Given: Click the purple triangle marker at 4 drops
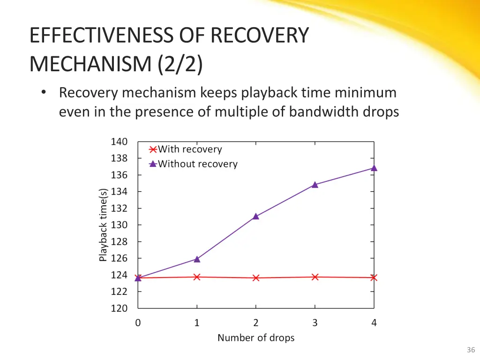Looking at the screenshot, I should click(374, 168).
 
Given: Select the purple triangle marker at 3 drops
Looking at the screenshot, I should click(315, 185).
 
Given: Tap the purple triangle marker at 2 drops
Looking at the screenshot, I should click(256, 216).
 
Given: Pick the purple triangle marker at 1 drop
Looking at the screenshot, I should click(197, 259).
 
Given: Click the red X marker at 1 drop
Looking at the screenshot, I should click(197, 277).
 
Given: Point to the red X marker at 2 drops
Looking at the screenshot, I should click(256, 278).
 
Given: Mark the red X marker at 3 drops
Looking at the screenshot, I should click(315, 277).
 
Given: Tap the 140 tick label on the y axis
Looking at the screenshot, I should click(119, 142).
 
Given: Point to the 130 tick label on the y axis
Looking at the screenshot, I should click(119, 225).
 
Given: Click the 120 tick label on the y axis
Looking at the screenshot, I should click(119, 308).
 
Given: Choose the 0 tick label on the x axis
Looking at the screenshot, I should click(138, 322).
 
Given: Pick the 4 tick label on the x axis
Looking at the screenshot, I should click(374, 322).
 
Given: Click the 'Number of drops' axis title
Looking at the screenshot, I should click(256, 337).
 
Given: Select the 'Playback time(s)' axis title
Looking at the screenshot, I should click(104, 225).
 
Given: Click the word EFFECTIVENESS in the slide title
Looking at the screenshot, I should click(95, 36).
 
